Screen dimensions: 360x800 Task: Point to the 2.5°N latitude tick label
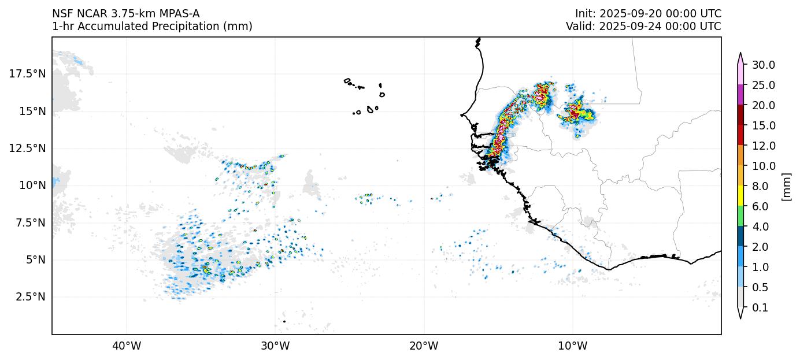coord(27,296)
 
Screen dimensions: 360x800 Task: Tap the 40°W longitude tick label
coord(126,346)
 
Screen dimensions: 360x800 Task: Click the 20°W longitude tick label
coord(424,346)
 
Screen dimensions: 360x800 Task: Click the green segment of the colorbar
coord(739,217)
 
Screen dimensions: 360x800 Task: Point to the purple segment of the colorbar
coord(739,95)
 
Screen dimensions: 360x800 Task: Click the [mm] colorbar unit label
coord(786,186)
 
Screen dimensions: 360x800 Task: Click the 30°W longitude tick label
coord(275,346)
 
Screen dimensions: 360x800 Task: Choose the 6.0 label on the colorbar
coord(761,206)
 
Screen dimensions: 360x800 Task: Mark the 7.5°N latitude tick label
coord(27,222)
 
